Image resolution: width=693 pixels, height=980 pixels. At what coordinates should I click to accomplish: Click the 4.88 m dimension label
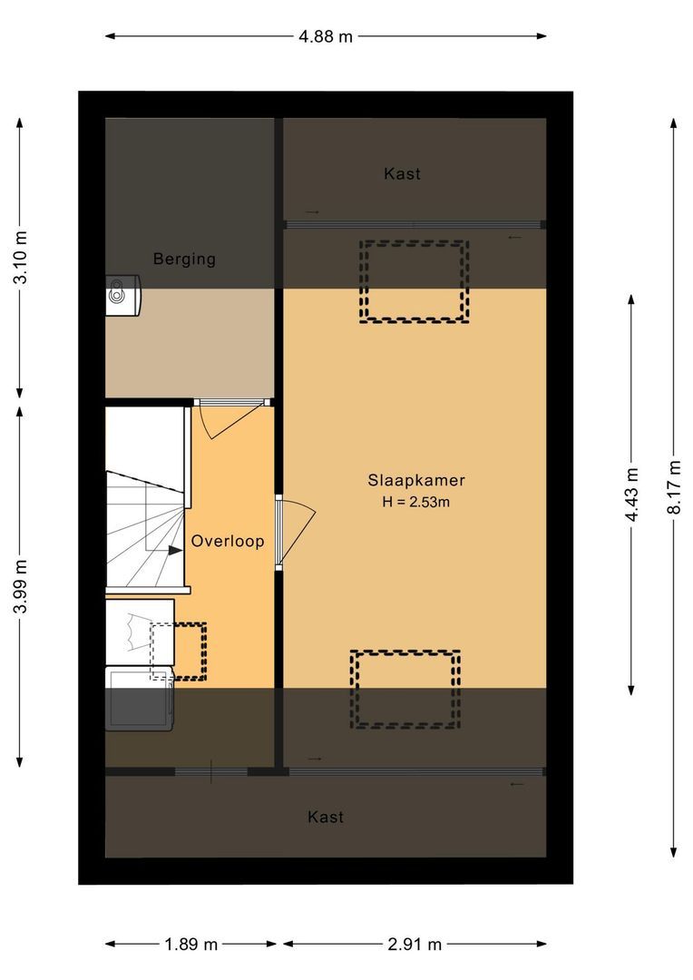[326, 37]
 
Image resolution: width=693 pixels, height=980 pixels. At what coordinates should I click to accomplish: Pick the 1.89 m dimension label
[191, 945]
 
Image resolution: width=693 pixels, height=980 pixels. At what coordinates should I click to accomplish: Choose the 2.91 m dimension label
[415, 945]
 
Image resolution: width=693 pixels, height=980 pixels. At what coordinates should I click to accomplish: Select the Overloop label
[228, 542]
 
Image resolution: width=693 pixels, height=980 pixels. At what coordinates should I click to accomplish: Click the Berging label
[184, 260]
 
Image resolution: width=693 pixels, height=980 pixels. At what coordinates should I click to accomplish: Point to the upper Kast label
[402, 174]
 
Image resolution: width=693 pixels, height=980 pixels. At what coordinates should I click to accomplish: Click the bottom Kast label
[326, 818]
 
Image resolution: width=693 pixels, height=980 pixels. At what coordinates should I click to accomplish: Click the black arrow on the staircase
[173, 549]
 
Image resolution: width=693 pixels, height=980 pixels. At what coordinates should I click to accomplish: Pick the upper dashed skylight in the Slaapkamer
[415, 281]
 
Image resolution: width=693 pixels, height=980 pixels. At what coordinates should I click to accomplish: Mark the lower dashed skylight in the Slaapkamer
[405, 690]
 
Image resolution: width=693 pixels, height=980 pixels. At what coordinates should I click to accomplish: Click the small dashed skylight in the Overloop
[178, 651]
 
